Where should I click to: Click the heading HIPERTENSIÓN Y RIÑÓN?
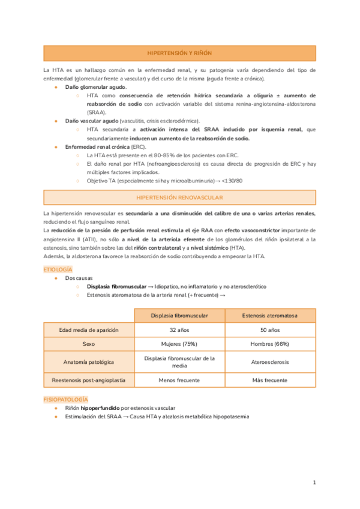click(179, 53)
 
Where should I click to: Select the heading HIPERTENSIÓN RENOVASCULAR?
click(179, 197)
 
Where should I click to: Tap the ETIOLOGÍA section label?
click(58, 270)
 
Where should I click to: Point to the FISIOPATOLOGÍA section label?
click(65, 399)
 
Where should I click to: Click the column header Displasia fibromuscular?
click(179, 315)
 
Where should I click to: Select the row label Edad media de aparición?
click(89, 330)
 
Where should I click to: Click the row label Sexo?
click(89, 345)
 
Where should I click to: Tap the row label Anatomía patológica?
click(89, 362)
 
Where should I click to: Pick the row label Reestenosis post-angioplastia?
click(89, 380)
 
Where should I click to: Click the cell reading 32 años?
click(179, 330)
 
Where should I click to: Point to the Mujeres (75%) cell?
click(179, 345)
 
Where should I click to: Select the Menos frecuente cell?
click(179, 380)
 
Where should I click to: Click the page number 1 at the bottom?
click(314, 483)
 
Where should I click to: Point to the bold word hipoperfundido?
click(100, 408)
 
